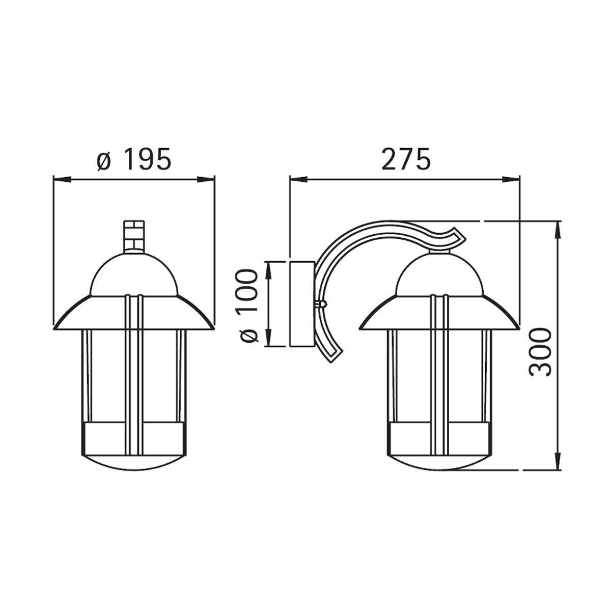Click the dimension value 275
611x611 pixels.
[x=406, y=158]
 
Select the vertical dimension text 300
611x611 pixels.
[x=541, y=352]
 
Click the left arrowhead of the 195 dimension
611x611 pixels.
[x=62, y=180]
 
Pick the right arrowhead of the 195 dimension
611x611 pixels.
[x=207, y=180]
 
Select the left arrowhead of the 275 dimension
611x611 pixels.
[x=298, y=180]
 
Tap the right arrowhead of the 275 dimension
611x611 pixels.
[x=511, y=180]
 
